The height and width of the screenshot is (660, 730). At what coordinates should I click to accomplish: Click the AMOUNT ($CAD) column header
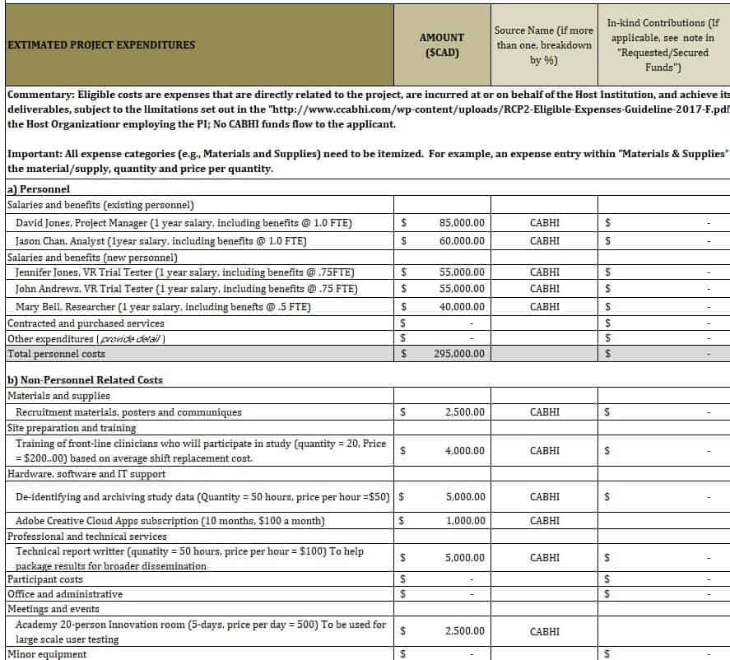point(442,45)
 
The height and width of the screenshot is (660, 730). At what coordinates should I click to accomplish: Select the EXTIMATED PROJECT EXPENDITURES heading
point(101,45)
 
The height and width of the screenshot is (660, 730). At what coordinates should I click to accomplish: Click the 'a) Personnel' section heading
point(39,189)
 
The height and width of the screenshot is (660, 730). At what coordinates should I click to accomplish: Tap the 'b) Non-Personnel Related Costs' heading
point(85,380)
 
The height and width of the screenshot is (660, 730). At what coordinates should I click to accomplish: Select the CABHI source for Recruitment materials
point(544,411)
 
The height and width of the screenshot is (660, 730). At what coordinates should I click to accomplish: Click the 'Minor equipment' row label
point(46,654)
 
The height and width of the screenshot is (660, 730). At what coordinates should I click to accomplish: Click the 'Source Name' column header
point(543,45)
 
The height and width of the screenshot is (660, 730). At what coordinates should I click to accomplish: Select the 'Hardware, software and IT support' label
point(86,474)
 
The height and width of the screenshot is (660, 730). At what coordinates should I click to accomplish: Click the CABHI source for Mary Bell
point(544,307)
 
